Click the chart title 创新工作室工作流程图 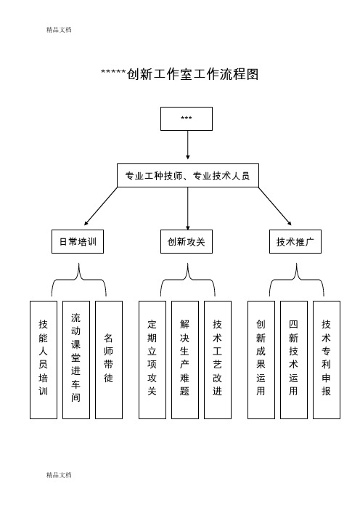point(180,74)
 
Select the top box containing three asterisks point(187,118)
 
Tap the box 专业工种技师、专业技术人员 point(188,176)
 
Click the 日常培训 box point(78,242)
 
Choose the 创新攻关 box point(187,242)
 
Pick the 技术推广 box point(295,242)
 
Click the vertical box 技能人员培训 point(44,360)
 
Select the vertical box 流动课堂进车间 point(76,360)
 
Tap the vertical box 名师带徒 point(109,360)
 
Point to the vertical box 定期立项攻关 point(152,360)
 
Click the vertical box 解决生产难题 point(185,360)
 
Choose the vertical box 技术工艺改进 point(218,360)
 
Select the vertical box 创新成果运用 point(261,360)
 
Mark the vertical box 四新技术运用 point(294,360)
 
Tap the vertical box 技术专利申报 point(327,360)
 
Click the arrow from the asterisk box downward point(188,145)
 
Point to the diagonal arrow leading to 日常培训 point(101,206)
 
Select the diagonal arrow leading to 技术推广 point(275,206)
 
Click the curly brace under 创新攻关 point(188,280)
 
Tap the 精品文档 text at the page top point(59,30)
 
